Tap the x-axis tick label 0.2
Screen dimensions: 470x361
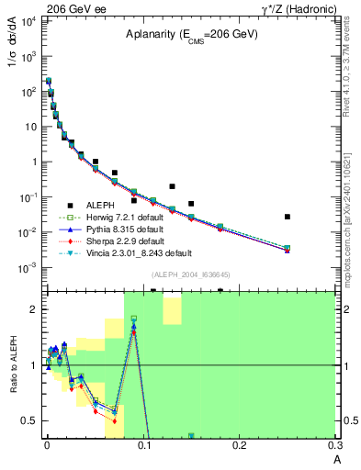[x=239, y=444]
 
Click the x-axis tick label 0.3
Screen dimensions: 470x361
[x=333, y=444]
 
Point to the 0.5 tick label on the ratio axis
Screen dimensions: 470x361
[x=31, y=420]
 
